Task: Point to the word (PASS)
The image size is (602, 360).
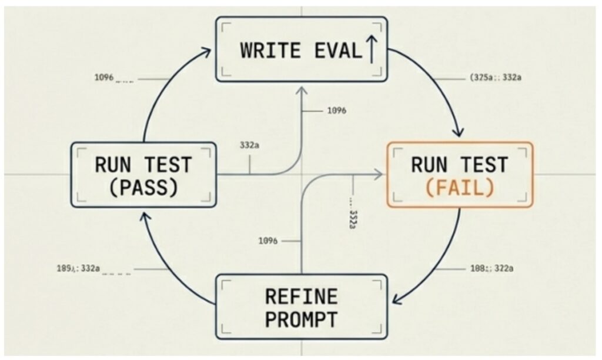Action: (x=143, y=187)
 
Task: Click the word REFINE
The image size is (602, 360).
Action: (x=301, y=296)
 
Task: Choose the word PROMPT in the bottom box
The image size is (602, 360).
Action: (x=301, y=319)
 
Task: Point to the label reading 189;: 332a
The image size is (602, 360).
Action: (x=78, y=269)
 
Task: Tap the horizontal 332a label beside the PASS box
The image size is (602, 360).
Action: (x=249, y=144)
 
